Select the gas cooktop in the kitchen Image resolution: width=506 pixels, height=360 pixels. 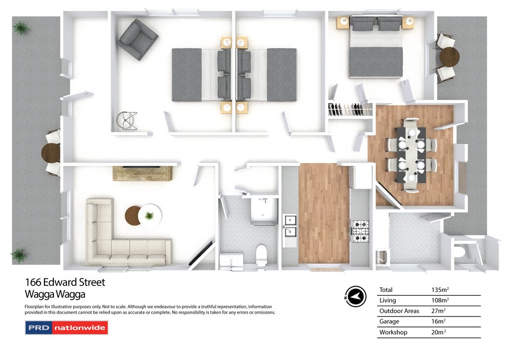click(360, 231)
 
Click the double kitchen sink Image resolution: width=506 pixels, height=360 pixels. click(290, 226)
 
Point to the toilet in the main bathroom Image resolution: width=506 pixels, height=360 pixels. click(261, 255)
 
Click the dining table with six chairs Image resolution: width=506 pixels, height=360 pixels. click(411, 155)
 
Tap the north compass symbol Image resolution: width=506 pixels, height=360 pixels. click(355, 296)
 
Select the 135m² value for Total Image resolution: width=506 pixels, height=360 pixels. click(440, 290)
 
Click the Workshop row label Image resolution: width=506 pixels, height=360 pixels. click(393, 332)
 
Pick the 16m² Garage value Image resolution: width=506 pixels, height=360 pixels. click(438, 321)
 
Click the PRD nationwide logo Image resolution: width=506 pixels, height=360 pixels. click(67, 328)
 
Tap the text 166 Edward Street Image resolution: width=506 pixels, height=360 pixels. click(65, 282)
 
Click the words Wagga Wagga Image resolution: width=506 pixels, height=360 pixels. click(55, 294)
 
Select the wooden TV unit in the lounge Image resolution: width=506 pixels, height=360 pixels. click(142, 173)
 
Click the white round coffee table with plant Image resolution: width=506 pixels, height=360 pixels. click(150, 215)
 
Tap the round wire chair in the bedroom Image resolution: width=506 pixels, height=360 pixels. click(126, 121)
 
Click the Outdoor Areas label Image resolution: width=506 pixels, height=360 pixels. click(399, 311)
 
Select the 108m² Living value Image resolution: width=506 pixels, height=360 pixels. click(440, 300)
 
